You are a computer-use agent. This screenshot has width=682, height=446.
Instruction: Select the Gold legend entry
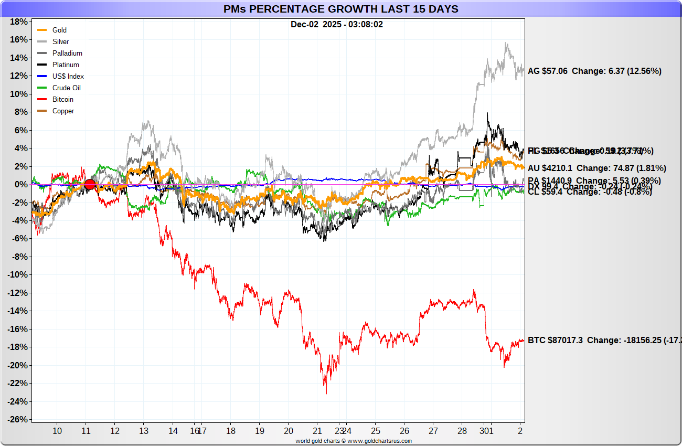click(x=59, y=30)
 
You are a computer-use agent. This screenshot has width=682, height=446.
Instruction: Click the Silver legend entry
click(x=60, y=42)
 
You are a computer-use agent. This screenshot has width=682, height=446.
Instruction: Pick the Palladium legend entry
click(x=67, y=54)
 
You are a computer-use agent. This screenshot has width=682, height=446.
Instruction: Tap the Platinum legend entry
click(x=66, y=65)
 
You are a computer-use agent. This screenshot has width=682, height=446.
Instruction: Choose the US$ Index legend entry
click(x=68, y=77)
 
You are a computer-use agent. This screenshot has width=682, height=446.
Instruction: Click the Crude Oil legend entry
click(x=66, y=88)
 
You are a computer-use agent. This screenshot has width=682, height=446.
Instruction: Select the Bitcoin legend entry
click(x=62, y=100)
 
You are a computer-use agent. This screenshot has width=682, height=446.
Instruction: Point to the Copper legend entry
click(x=63, y=111)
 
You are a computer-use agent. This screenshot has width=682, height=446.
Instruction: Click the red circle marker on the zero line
click(x=90, y=184)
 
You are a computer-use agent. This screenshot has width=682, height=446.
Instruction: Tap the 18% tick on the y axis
click(x=19, y=22)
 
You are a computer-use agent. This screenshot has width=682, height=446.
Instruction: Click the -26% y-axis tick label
click(x=17, y=420)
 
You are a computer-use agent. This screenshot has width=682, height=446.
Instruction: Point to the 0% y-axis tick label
click(x=21, y=185)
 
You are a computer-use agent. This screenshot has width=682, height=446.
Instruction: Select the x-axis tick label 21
click(x=317, y=431)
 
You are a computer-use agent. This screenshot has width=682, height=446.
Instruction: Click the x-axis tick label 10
click(x=57, y=431)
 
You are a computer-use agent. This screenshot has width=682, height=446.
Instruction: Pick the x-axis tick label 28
click(x=461, y=431)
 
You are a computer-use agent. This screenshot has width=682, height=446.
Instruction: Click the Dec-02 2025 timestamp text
click(x=337, y=25)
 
